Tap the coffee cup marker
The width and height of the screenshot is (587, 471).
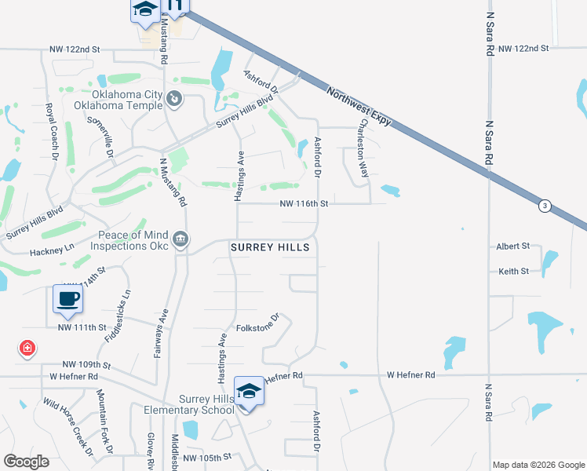coord(68,299)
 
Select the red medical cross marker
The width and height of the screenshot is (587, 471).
coord(27,348)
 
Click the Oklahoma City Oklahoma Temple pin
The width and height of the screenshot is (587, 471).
coord(174,99)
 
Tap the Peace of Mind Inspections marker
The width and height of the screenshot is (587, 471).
coord(181,239)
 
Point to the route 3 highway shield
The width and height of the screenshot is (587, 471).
coord(544,206)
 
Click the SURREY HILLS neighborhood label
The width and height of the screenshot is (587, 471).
coord(270,247)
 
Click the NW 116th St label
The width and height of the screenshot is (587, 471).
coord(303,204)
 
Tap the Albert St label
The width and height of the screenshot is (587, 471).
coord(513,246)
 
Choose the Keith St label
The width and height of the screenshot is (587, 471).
coord(513,272)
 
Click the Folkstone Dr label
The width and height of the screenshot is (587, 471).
coord(258,323)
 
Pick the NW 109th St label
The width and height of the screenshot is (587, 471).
coord(86,366)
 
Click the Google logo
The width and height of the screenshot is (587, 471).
coord(27,462)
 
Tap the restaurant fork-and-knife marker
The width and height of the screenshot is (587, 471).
coord(174,5)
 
